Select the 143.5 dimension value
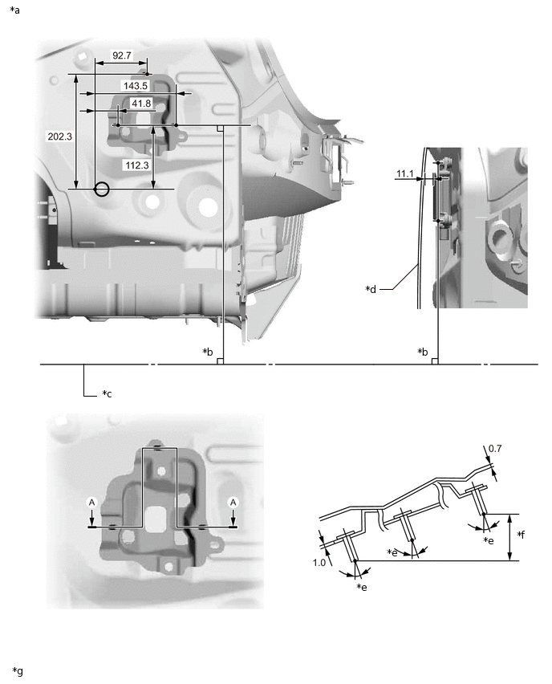pyautogui.click(x=136, y=85)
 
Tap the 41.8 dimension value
pyautogui.click(x=141, y=104)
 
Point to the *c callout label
pyautogui.click(x=107, y=394)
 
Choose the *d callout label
pyautogui.click(x=370, y=288)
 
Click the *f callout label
pyautogui.click(x=521, y=535)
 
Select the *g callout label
pyautogui.click(x=18, y=670)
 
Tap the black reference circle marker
pyautogui.click(x=101, y=189)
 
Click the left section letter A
pyautogui.click(x=92, y=502)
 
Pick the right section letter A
pyautogui.click(x=233, y=502)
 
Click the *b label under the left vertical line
pyautogui.click(x=208, y=352)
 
